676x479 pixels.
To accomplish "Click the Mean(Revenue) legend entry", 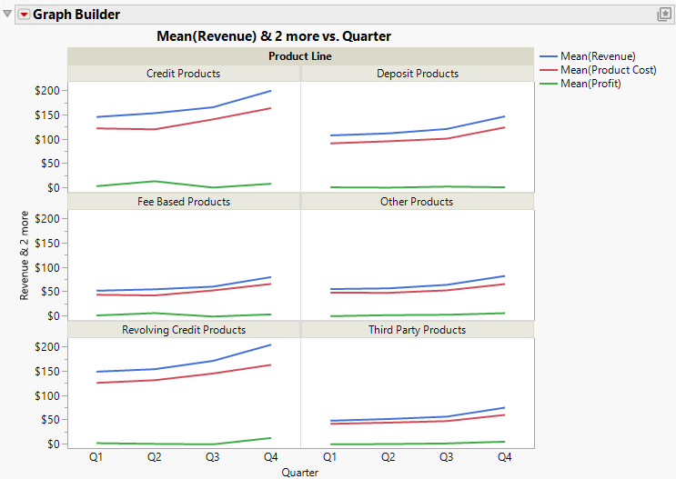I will point(597,56).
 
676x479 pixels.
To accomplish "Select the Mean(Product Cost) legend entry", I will point(608,70).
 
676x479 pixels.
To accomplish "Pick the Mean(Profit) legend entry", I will point(590,84).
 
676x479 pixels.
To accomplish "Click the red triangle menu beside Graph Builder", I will point(24,15).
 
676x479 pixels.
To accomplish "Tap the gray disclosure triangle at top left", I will point(8,15).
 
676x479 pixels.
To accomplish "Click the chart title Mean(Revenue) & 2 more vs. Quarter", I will point(274,36).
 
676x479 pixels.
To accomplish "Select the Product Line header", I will point(300,56).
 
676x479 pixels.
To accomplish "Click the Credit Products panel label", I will point(184,74).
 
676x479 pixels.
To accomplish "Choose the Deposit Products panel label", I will point(418,74).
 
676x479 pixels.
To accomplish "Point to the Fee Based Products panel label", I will point(184,202).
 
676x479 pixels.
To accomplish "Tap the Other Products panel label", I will point(418,202).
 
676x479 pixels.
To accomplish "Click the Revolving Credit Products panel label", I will point(184,330).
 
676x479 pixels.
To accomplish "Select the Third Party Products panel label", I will point(418,330).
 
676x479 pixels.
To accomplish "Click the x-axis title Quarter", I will point(299,472).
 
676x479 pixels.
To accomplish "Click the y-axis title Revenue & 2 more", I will point(25,255).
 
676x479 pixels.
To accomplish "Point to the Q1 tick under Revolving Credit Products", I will point(96,457).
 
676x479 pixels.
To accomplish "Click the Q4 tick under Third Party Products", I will point(504,457).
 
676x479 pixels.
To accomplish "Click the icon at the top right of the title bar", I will point(664,15).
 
